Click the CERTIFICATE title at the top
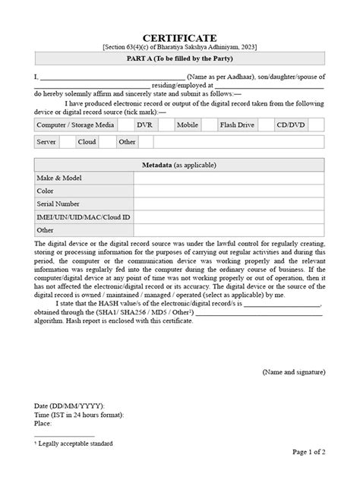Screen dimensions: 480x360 click(180, 37)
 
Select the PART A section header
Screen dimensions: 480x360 click(180, 58)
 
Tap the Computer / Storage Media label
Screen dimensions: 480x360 click(76, 123)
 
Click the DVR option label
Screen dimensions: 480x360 click(144, 123)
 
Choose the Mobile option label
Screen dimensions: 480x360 click(188, 123)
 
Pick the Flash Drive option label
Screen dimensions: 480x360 click(237, 123)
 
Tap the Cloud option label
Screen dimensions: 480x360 click(87, 141)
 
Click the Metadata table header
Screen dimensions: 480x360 click(180, 165)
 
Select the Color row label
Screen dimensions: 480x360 click(46, 191)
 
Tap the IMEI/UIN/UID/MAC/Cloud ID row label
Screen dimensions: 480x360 click(84, 216)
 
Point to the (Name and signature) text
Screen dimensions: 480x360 click(294, 372)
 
